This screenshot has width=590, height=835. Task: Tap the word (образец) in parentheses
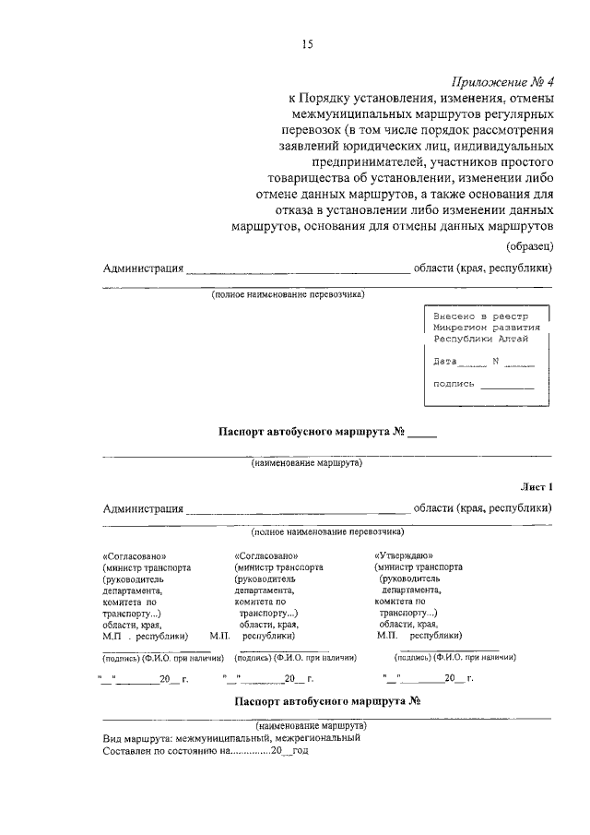point(529,245)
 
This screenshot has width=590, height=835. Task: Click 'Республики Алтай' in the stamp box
point(480,339)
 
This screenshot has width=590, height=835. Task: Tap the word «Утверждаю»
point(399,556)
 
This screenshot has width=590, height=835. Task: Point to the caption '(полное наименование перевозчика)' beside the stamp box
point(288,294)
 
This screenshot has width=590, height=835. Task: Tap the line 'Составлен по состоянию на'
point(206,751)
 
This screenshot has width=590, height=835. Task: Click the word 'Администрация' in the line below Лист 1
point(142,507)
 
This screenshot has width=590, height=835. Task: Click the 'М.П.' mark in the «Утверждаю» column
point(387,636)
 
